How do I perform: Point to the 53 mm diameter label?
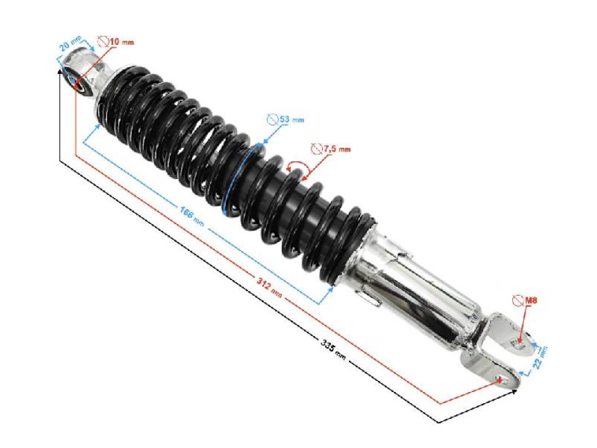[x=291, y=119]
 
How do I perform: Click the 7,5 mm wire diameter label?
[x=338, y=149]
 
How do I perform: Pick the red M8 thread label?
[x=530, y=301]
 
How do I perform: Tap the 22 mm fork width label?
[x=541, y=359]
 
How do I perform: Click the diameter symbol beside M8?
[x=517, y=301]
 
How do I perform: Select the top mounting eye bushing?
[x=78, y=80]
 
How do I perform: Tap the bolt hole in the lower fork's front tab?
[x=499, y=378]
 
